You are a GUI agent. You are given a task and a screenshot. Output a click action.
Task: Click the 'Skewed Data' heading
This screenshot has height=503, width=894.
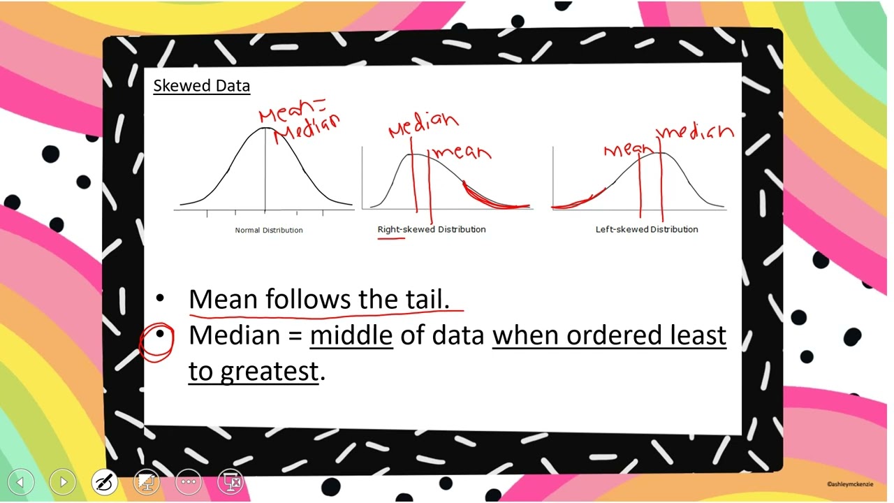click(201, 86)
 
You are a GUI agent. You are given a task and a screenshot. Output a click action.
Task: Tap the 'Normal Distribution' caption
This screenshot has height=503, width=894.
click(269, 230)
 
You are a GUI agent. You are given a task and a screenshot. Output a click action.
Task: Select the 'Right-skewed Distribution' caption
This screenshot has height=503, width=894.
click(431, 229)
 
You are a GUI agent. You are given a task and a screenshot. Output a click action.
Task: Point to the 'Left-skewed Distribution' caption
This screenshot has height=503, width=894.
click(646, 229)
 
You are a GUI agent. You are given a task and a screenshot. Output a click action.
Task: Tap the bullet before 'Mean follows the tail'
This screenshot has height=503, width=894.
click(160, 299)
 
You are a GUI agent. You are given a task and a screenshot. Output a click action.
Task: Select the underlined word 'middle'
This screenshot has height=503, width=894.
click(351, 336)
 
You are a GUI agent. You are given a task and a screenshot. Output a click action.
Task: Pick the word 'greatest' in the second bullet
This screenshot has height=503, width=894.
click(269, 372)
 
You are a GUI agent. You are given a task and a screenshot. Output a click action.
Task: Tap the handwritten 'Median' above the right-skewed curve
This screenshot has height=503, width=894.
click(423, 125)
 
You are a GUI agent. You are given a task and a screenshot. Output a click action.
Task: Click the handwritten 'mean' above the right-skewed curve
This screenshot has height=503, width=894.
click(463, 152)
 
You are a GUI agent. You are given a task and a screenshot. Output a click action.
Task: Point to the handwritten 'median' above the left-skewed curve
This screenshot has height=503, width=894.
click(696, 132)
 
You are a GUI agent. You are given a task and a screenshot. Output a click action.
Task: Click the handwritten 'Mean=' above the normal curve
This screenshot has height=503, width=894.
click(292, 112)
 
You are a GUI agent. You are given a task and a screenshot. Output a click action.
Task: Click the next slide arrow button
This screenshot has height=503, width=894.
click(63, 481)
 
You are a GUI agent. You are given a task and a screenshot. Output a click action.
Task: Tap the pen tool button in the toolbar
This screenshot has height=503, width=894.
click(105, 481)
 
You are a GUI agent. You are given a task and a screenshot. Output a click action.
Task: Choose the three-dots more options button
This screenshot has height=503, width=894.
click(189, 481)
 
